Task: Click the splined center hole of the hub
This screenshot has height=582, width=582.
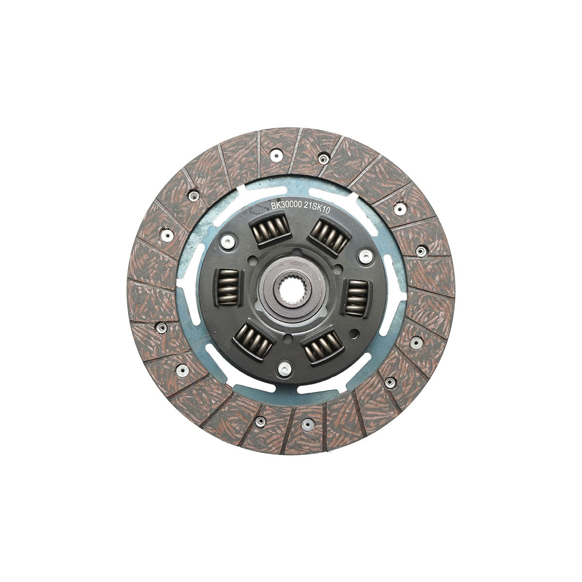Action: tap(290, 290)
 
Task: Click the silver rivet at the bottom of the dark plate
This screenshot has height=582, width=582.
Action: tap(284, 368)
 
